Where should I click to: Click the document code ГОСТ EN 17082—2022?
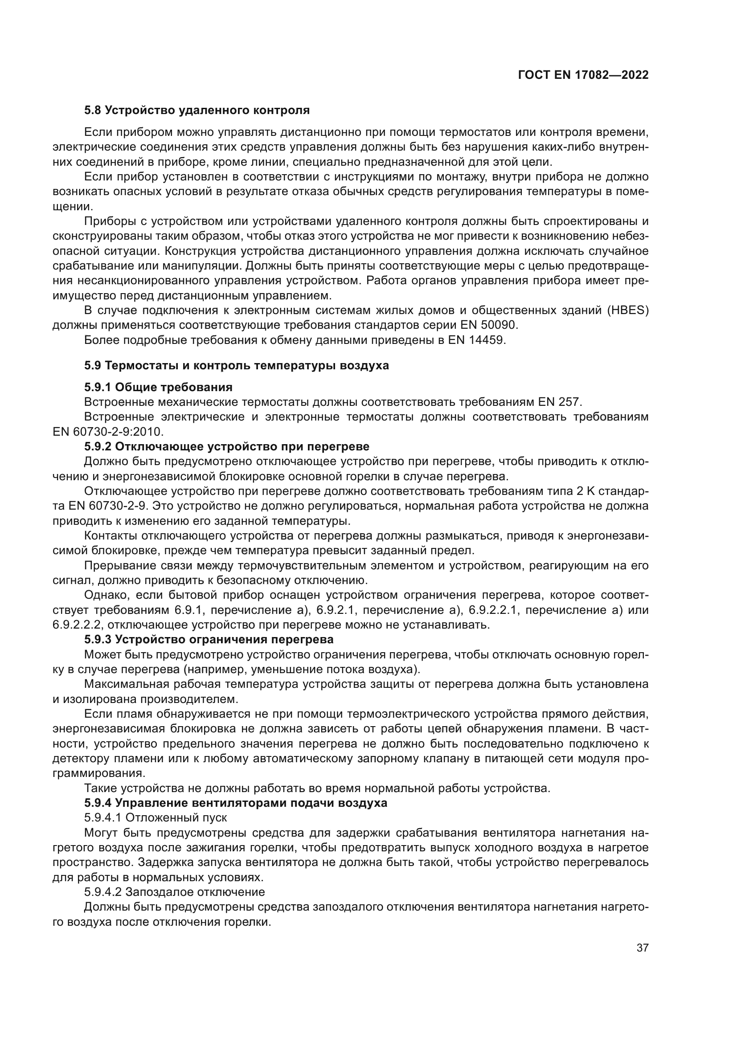[x=583, y=75]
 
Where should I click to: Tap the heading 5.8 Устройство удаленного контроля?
[x=197, y=110]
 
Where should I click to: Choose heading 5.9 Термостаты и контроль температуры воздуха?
[x=237, y=365]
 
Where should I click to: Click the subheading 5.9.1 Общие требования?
[x=158, y=387]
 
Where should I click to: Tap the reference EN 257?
[x=560, y=402]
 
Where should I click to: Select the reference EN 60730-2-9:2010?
[x=108, y=432]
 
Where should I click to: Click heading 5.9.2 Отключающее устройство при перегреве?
[x=226, y=446]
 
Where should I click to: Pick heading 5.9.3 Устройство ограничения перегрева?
[x=209, y=639]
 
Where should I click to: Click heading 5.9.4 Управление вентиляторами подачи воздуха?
[x=236, y=803]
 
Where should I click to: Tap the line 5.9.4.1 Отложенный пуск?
[x=156, y=818]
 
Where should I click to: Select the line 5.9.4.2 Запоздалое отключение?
[x=174, y=892]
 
